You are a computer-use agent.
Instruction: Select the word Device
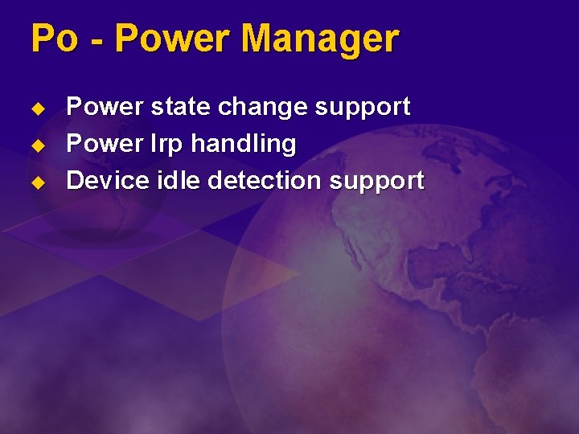click(101, 181)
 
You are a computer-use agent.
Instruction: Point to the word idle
click(180, 181)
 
